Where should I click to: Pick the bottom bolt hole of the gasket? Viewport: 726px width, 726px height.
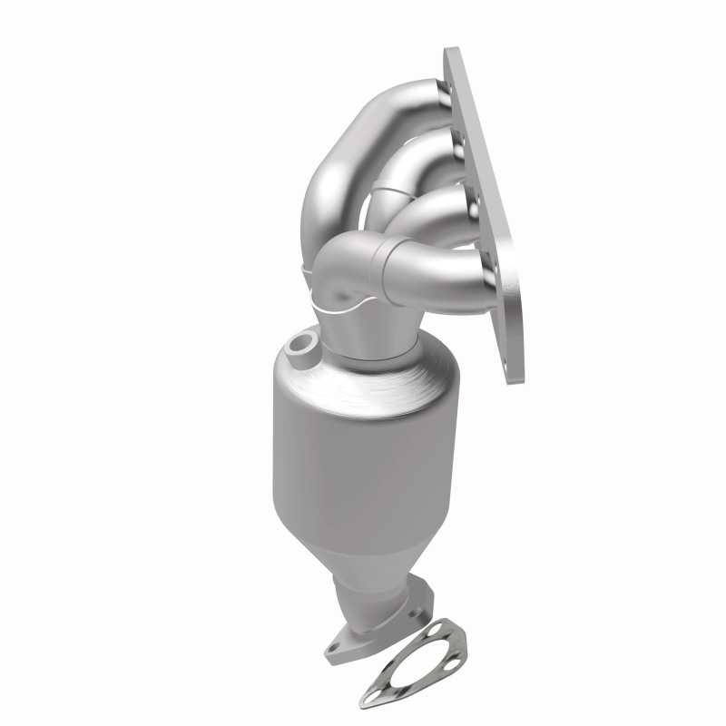coord(370,699)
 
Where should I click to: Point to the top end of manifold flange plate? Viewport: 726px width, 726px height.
coord(451,59)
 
